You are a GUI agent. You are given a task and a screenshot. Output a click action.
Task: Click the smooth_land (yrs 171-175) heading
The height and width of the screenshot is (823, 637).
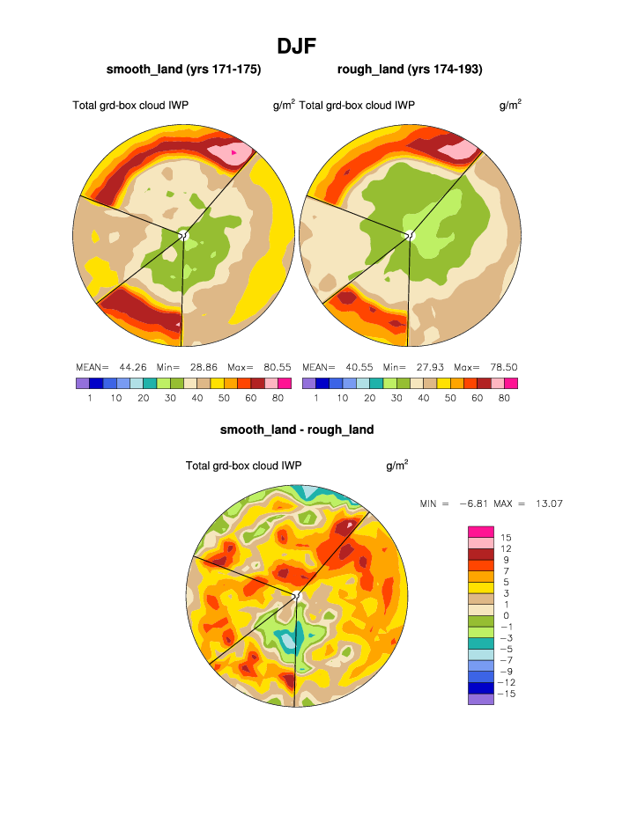[x=183, y=69]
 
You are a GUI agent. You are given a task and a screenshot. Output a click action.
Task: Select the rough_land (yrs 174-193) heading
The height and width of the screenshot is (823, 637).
[x=410, y=69]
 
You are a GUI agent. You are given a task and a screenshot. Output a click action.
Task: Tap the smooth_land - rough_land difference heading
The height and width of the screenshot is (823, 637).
[x=297, y=430]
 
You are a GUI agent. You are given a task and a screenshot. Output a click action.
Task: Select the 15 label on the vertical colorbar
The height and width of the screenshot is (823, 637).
[x=507, y=537]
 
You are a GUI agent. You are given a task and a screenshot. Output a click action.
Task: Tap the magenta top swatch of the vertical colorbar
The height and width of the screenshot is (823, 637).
[x=480, y=531]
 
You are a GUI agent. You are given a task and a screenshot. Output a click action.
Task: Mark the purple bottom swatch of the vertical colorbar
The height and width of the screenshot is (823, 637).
[x=480, y=699]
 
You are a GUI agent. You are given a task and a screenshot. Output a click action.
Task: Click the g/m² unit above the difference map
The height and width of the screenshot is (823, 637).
[x=396, y=465]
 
